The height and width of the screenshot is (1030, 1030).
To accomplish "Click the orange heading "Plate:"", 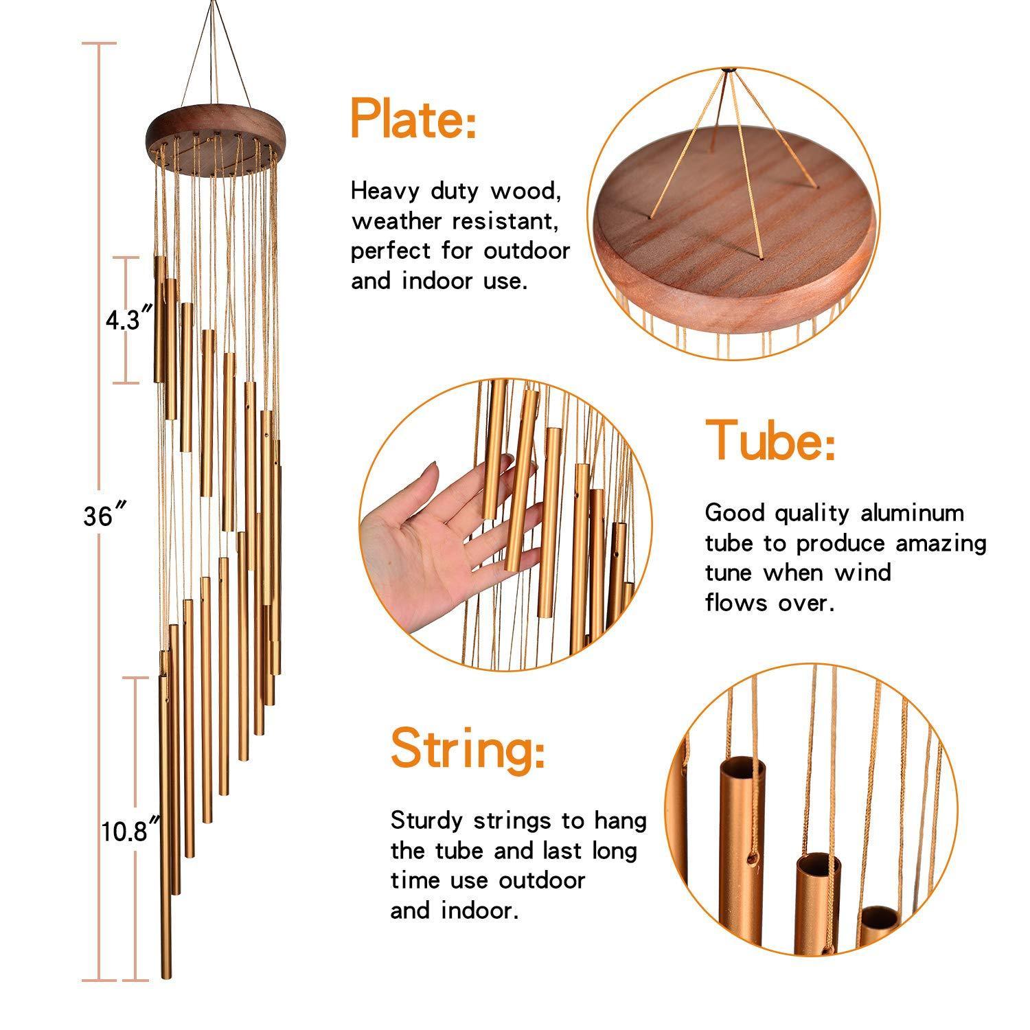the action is pyautogui.click(x=413, y=119).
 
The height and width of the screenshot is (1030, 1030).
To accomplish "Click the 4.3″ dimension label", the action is pyautogui.click(x=128, y=321).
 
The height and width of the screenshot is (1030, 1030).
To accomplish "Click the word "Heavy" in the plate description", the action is pyautogui.click(x=384, y=192).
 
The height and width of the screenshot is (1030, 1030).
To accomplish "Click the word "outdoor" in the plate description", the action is pyautogui.click(x=527, y=251).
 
